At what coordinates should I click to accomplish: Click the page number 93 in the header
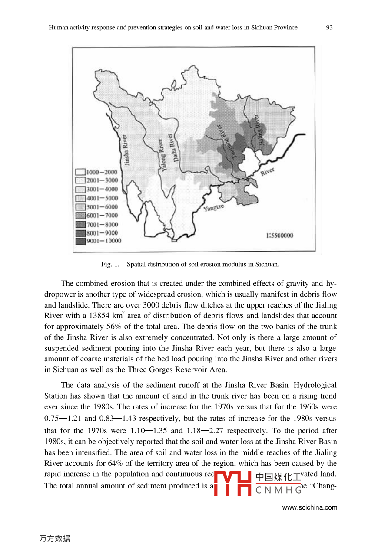329,27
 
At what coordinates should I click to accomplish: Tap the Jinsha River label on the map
126,150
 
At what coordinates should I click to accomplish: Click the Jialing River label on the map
259,129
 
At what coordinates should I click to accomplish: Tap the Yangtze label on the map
214,209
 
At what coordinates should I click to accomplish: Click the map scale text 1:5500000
279,236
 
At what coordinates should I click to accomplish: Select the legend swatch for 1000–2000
80,172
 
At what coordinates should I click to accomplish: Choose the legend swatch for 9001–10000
80,241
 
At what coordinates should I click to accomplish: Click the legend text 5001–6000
102,207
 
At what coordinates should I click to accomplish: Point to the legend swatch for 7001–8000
80,224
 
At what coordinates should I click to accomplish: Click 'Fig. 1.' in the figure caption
110,264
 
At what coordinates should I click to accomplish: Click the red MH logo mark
233,483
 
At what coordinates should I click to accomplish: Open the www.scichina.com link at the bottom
309,507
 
